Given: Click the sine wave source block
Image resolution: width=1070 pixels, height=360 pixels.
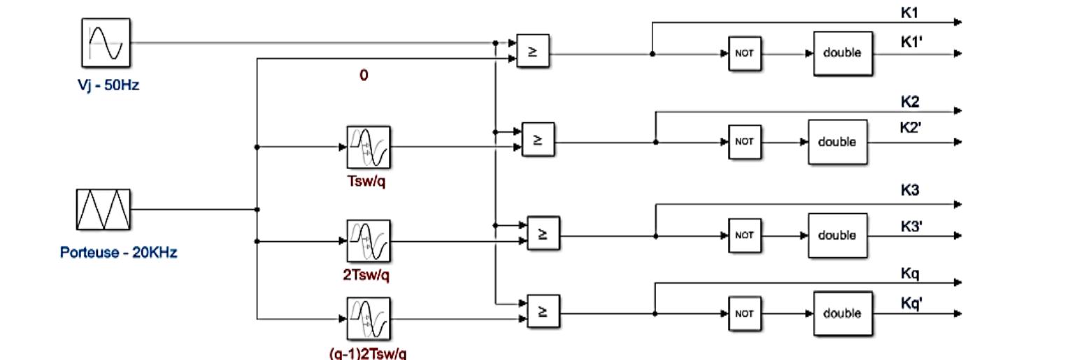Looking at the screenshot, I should pyautogui.click(x=106, y=42).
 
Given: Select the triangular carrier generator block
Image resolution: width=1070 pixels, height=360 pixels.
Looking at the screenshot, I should pyautogui.click(x=103, y=209).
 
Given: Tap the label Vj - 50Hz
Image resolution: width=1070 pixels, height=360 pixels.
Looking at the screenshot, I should pyautogui.click(x=108, y=87).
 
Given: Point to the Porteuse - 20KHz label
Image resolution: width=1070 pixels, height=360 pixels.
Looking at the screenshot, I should pyautogui.click(x=118, y=252).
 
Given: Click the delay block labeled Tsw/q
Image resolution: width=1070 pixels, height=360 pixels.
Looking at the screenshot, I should pyautogui.click(x=369, y=147).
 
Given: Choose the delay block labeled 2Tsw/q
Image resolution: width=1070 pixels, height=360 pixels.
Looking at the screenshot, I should pyautogui.click(x=369, y=241).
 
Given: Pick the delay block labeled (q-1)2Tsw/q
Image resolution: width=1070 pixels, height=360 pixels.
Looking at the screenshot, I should pyautogui.click(x=369, y=319).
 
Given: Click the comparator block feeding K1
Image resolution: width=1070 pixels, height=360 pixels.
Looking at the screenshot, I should pyautogui.click(x=533, y=51).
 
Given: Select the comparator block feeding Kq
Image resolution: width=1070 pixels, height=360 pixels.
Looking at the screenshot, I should pyautogui.click(x=543, y=311).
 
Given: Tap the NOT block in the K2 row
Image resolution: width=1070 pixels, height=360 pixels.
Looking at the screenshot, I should pyautogui.click(x=744, y=142).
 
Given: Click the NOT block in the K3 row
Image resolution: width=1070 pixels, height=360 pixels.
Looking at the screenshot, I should pyautogui.click(x=744, y=236).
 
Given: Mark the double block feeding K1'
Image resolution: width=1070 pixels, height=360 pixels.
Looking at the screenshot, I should pyautogui.click(x=842, y=53).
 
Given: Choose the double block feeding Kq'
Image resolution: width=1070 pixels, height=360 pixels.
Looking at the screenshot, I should pyautogui.click(x=842, y=314).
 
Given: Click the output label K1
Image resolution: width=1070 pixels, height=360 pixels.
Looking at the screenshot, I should pyautogui.click(x=910, y=13).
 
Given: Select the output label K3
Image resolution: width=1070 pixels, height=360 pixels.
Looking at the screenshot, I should pyautogui.click(x=910, y=191).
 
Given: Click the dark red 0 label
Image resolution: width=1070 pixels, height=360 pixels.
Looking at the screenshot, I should pyautogui.click(x=364, y=75).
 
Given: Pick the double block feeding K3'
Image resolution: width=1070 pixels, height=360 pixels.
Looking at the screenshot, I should pyautogui.click(x=837, y=236).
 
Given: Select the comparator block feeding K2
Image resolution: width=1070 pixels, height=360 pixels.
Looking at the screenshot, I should pyautogui.click(x=538, y=140).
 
